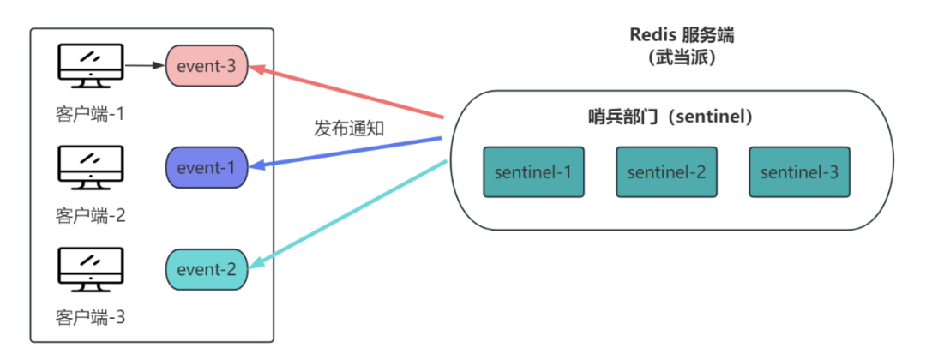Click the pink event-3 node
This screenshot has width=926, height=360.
(x=207, y=65)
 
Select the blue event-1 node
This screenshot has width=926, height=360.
(x=207, y=167)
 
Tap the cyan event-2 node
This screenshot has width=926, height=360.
(x=207, y=269)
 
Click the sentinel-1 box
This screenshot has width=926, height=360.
(x=532, y=171)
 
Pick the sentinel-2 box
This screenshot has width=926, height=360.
(x=666, y=171)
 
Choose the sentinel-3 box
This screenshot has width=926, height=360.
(x=798, y=171)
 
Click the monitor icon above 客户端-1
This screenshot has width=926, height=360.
(x=90, y=64)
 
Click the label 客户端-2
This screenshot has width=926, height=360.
(x=90, y=214)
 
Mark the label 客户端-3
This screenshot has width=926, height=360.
(x=90, y=317)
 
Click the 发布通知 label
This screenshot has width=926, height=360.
(x=348, y=129)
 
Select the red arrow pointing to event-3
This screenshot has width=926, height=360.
(x=347, y=91)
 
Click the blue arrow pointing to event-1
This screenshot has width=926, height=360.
(x=347, y=152)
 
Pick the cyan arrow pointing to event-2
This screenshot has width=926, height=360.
(x=347, y=215)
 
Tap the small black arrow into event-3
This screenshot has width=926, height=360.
(x=144, y=64)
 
